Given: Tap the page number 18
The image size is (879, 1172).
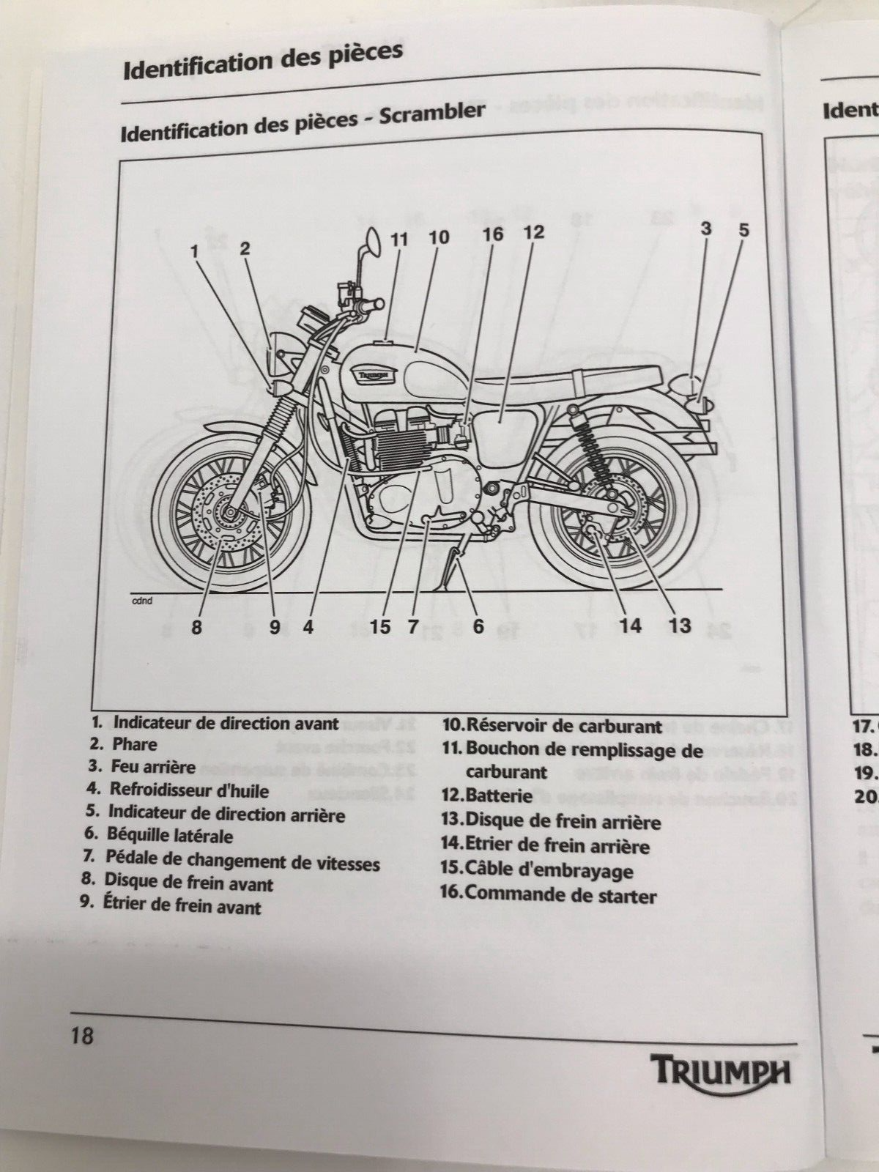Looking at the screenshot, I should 83,1037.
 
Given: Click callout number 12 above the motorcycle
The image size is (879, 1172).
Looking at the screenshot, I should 534,233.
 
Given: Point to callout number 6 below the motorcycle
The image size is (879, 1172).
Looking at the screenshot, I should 478,626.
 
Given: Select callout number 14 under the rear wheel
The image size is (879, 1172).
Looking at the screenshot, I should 630,625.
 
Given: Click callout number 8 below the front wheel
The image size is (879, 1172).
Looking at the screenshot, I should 196,627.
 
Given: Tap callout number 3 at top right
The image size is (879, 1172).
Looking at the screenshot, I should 705,229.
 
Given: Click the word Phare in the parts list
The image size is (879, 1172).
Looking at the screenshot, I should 134,744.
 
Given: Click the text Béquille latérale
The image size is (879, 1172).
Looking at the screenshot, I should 169,836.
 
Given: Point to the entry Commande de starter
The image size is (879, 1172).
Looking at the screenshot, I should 560,894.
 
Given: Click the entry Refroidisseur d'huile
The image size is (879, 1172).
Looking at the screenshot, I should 189,790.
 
